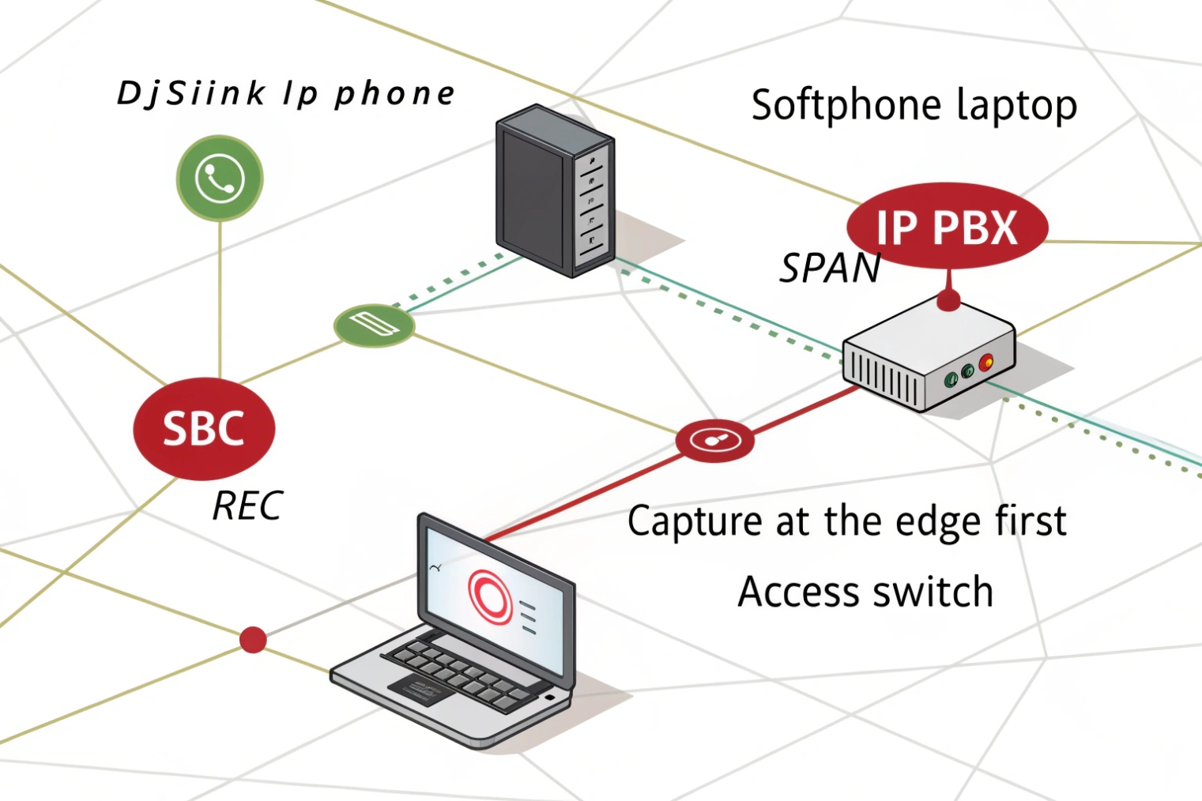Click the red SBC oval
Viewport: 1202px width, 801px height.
(204, 428)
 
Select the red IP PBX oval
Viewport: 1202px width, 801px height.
(947, 227)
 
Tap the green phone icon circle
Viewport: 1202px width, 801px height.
(220, 178)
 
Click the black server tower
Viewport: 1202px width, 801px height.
(554, 190)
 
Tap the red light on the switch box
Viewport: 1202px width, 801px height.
(985, 363)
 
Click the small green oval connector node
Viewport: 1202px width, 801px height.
(374, 325)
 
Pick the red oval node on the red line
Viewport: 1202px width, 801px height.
(714, 439)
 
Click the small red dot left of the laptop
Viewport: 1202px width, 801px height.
(253, 639)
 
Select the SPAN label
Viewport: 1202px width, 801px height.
(830, 269)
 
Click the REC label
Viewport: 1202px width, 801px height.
(247, 506)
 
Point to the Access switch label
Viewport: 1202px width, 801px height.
(865, 592)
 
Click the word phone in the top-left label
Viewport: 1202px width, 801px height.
(395, 95)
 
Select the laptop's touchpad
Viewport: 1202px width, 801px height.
(415, 690)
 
